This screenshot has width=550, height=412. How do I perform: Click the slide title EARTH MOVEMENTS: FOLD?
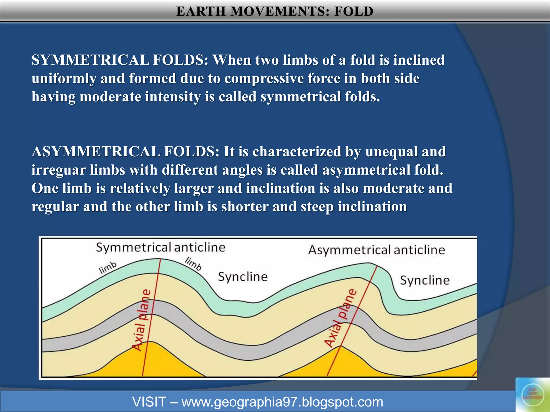pyautogui.click(x=275, y=11)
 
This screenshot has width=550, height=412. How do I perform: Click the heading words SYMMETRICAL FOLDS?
pyautogui.click(x=120, y=60)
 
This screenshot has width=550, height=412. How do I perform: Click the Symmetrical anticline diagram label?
pyautogui.click(x=161, y=247)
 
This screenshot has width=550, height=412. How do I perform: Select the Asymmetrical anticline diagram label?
pyautogui.click(x=377, y=250)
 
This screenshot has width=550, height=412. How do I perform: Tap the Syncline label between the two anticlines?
pyautogui.click(x=243, y=277)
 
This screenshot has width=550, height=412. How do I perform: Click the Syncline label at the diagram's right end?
pyautogui.click(x=425, y=280)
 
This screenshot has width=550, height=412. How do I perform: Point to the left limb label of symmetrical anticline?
pyautogui.click(x=108, y=268)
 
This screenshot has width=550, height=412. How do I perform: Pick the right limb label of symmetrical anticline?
pyautogui.click(x=193, y=264)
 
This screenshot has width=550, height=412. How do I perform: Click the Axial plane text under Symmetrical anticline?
pyautogui.click(x=142, y=319)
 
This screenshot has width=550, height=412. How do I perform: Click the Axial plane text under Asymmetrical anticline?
pyautogui.click(x=341, y=318)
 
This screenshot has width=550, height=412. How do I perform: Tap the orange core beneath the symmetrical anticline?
pyautogui.click(x=150, y=362)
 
